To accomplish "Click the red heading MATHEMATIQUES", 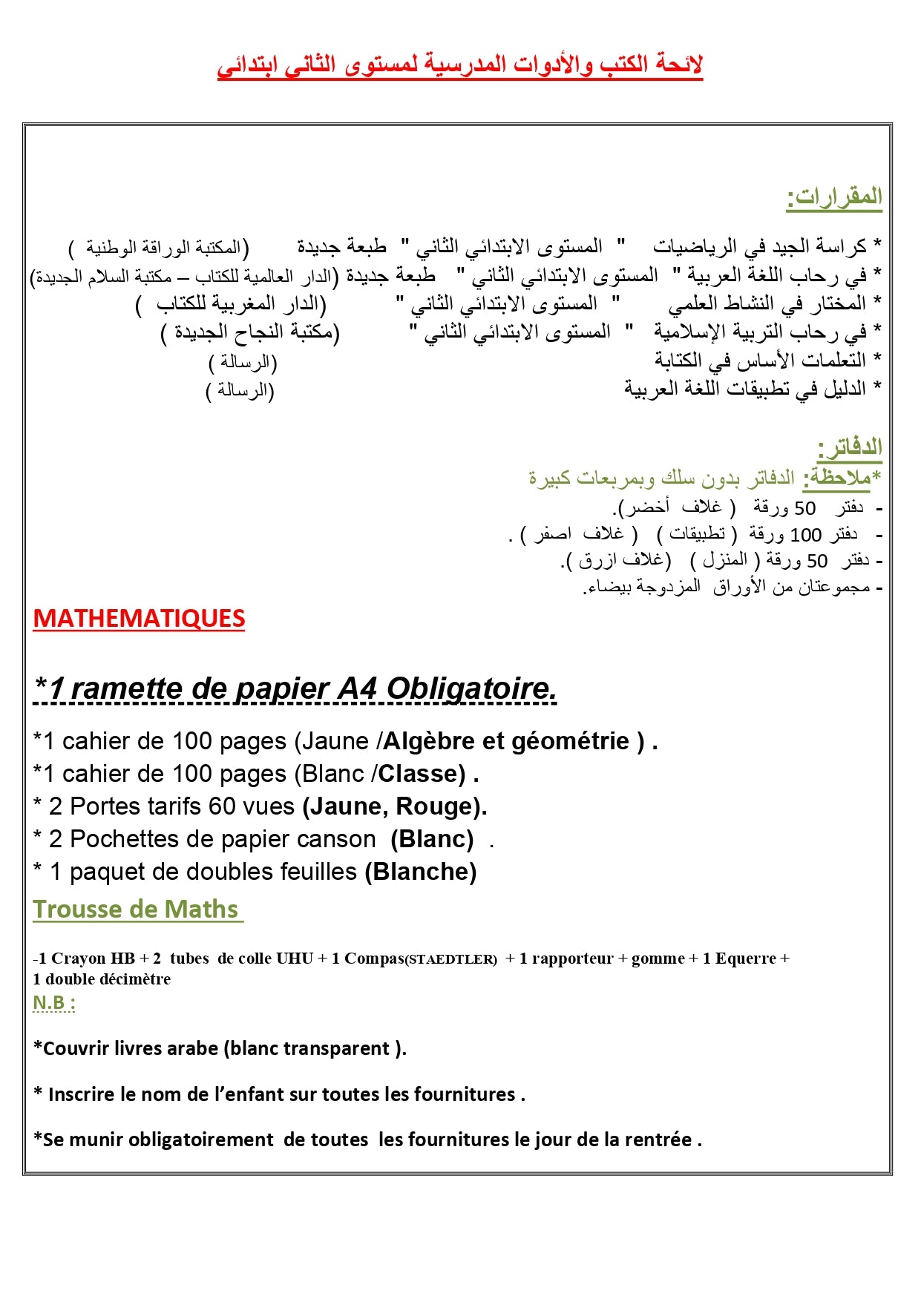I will coord(139,619).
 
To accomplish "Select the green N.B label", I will coord(53,1003).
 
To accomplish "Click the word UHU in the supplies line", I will coord(295,959).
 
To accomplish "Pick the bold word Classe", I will coord(422,774).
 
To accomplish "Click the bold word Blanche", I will coord(421,872).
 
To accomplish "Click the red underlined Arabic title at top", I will coord(460,65).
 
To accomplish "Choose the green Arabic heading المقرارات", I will coord(834,197).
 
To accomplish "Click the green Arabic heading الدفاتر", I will coord(849,447).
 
